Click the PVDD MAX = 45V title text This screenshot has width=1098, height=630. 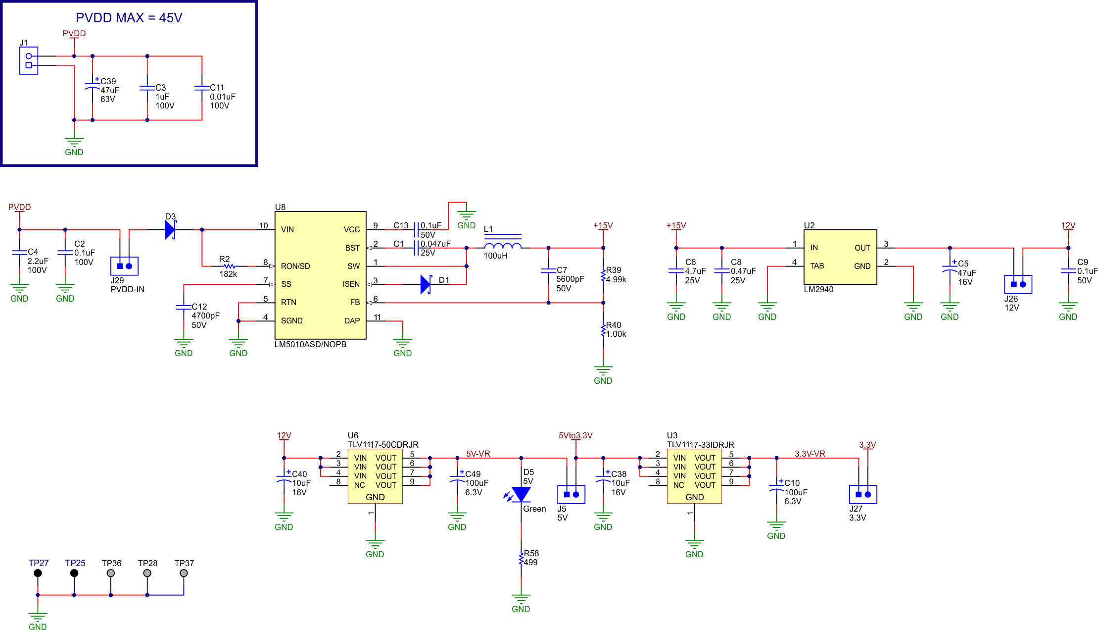tap(129, 18)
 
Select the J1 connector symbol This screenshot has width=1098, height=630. tap(29, 60)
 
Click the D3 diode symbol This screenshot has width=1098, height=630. tap(170, 230)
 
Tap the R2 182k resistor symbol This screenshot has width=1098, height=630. tap(229, 266)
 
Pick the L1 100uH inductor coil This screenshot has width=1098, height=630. tap(502, 246)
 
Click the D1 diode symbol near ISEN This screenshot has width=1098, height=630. tap(426, 284)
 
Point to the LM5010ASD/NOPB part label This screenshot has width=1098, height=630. tap(310, 344)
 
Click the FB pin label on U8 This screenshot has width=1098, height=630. tap(355, 303)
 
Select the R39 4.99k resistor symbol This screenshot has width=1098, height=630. tap(603, 275)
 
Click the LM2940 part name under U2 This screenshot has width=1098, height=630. tap(818, 289)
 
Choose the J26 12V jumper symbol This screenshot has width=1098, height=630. tap(1018, 284)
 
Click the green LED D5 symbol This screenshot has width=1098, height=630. tap(521, 494)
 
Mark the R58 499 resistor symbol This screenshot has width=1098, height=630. tap(521, 559)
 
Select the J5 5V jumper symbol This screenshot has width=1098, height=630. tap(571, 494)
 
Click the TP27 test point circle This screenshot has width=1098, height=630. tap(38, 573)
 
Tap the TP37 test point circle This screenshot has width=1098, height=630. tap(184, 573)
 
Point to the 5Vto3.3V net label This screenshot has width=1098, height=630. tap(575, 435)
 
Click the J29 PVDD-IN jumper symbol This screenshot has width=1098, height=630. tap(124, 266)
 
